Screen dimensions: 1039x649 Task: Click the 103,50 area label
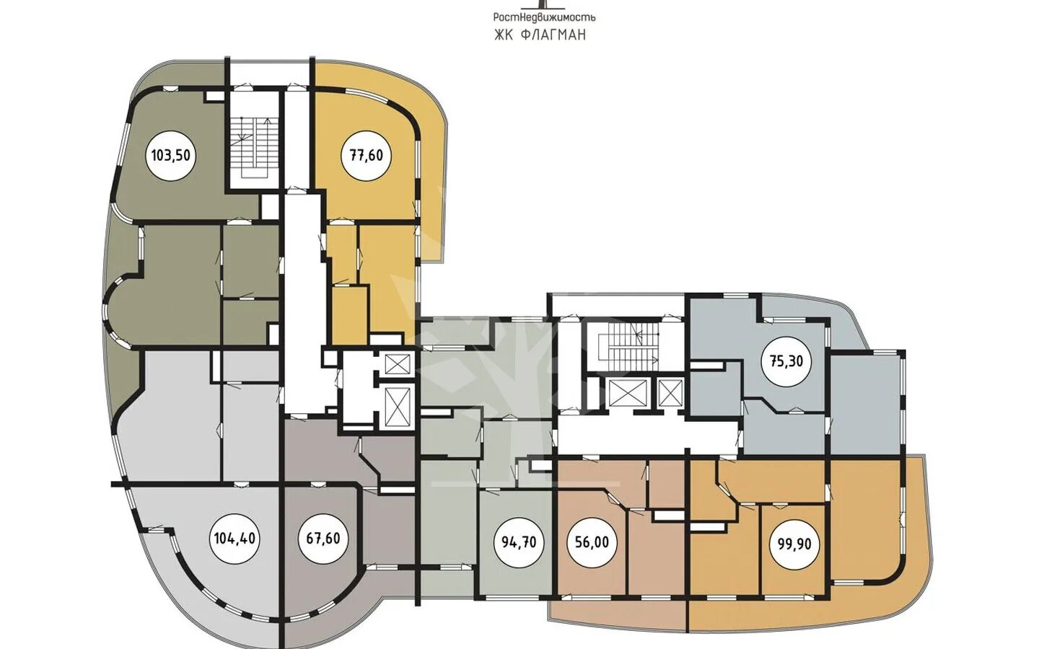pos(171,155)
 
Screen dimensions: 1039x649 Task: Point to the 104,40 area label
pos(234,539)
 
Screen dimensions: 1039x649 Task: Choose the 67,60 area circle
pos(323,539)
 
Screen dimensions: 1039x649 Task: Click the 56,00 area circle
pos(592,542)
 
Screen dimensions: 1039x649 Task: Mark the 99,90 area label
pos(791,543)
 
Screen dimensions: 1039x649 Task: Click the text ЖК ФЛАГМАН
pos(540,35)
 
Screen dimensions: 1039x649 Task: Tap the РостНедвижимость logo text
pos(544,17)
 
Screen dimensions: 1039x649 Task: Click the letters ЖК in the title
pos(504,35)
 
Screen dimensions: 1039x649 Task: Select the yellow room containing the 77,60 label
pos(367,155)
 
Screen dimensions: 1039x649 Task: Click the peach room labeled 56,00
pos(592,542)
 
